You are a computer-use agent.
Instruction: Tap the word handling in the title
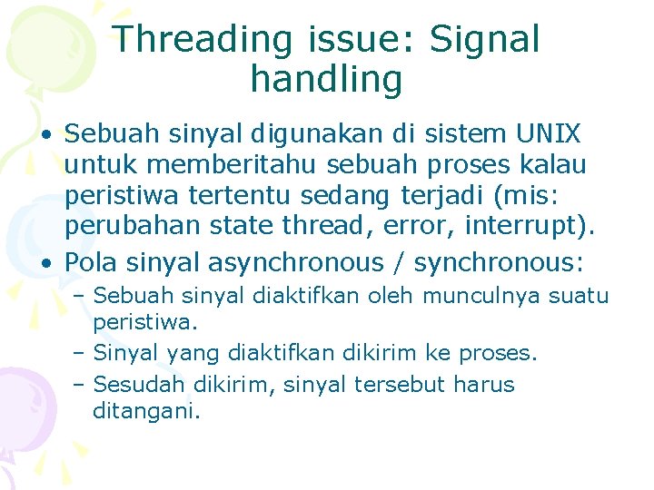point(326,80)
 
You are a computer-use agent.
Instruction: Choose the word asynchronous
point(296,263)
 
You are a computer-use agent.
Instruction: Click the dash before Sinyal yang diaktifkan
point(80,353)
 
